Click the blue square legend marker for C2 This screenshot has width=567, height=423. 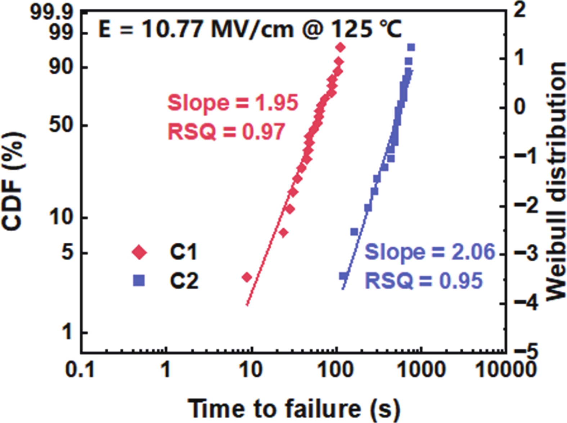[x=139, y=280]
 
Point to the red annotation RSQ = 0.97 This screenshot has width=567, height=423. [x=226, y=131]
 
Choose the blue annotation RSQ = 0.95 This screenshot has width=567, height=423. [x=424, y=280]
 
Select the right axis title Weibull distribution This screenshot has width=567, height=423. [x=555, y=181]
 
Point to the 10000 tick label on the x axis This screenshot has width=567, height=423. [x=506, y=369]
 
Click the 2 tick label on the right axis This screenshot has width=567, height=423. [x=519, y=10]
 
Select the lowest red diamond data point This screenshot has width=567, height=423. [x=247, y=277]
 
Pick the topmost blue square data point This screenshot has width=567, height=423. [x=411, y=47]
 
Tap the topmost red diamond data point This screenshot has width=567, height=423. [x=340, y=47]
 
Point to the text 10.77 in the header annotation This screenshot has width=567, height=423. [x=174, y=29]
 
